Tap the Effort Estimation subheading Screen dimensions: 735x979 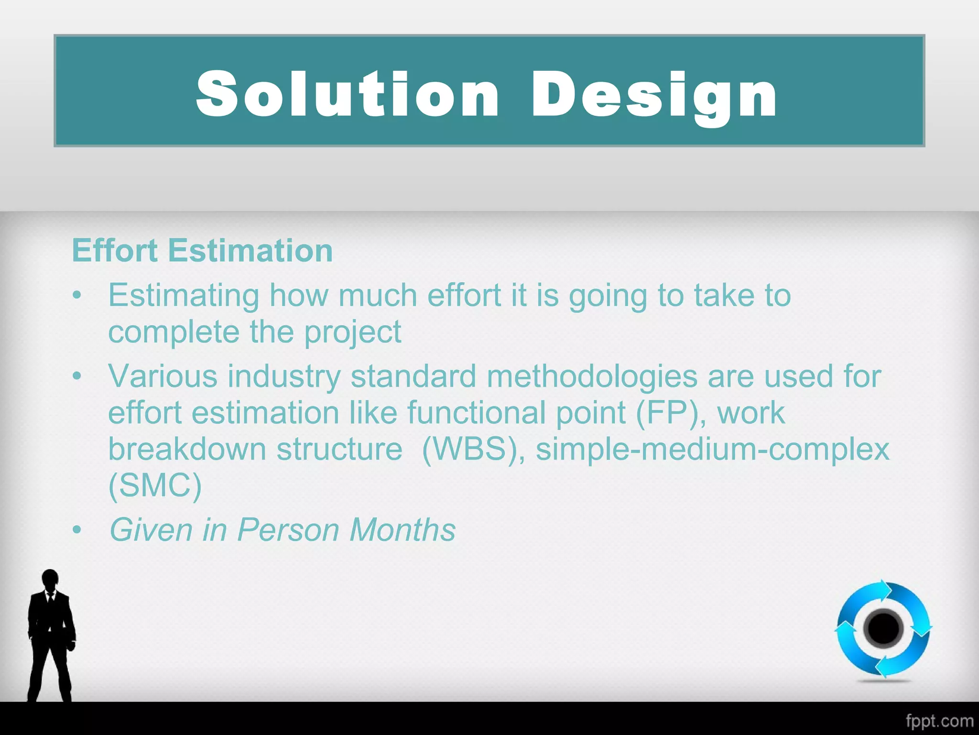point(202,250)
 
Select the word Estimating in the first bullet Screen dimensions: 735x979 point(184,295)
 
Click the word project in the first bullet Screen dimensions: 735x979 point(352,333)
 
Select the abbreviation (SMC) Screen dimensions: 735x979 point(155,486)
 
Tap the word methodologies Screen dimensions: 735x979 point(592,377)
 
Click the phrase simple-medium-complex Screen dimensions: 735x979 point(712,450)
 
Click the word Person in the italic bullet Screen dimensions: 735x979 point(288,530)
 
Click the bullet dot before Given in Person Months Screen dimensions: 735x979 point(77,530)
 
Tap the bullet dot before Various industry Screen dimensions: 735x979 point(77,376)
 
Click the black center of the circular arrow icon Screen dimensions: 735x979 point(883,628)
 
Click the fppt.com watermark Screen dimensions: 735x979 point(939,721)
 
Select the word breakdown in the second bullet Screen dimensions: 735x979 point(187,450)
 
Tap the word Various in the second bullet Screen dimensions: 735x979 point(163,377)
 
